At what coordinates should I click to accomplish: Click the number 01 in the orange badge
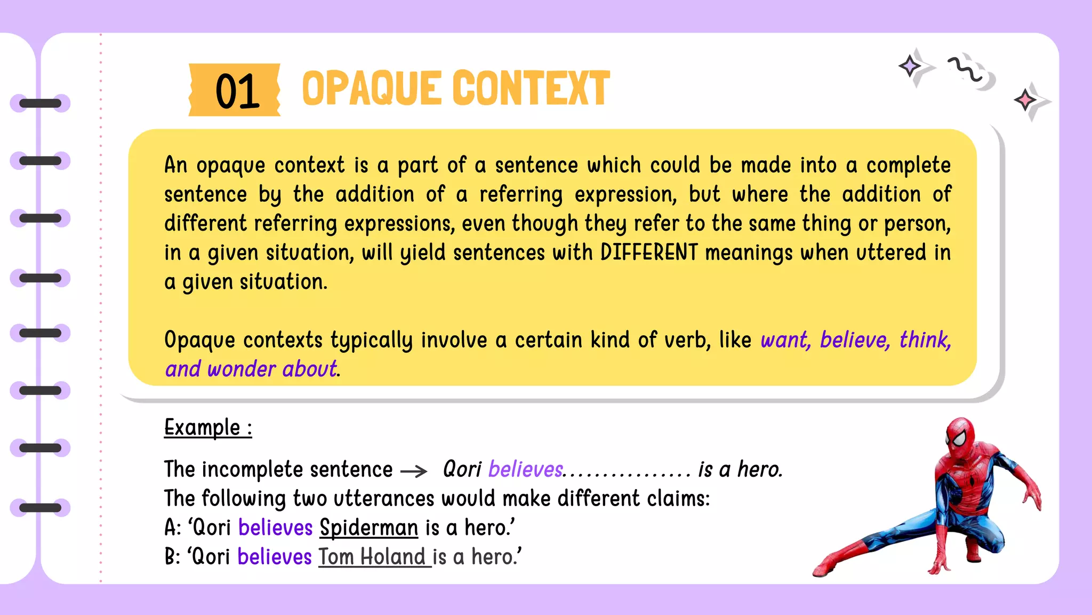[237, 91]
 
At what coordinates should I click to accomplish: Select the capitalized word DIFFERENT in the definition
[648, 253]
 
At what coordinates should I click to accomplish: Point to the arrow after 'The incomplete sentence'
[414, 471]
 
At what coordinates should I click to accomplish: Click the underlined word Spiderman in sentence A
[368, 528]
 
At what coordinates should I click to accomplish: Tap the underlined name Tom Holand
[373, 557]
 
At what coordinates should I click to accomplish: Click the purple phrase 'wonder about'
[272, 369]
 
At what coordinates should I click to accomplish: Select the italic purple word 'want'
[784, 340]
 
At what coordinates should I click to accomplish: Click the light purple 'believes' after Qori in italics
[525, 470]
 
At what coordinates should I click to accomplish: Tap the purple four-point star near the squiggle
[910, 66]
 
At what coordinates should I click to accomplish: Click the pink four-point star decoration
[1025, 100]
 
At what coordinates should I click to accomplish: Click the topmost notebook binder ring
[40, 103]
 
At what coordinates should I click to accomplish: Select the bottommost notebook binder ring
[40, 507]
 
